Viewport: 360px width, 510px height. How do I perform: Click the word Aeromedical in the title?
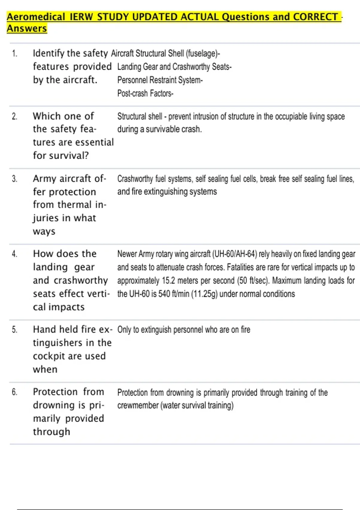pyautogui.click(x=36, y=17)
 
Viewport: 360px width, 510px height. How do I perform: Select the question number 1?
pyautogui.click(x=15, y=54)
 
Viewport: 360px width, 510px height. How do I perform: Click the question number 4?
pyautogui.click(x=15, y=254)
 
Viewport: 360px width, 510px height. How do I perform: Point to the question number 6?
pyautogui.click(x=15, y=392)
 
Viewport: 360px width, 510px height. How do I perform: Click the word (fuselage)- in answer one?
pyautogui.click(x=203, y=54)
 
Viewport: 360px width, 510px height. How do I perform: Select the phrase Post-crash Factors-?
pyautogui.click(x=145, y=94)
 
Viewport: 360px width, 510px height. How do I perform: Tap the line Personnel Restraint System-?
pyautogui.click(x=160, y=80)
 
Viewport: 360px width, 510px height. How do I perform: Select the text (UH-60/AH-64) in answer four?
pyautogui.click(x=234, y=254)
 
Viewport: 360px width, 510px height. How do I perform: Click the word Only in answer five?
pyautogui.click(x=124, y=330)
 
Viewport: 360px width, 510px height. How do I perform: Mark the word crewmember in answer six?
pyautogui.click(x=138, y=406)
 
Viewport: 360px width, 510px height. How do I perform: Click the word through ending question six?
pyautogui.click(x=51, y=432)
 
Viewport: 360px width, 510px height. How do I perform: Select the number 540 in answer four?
pyautogui.click(x=164, y=294)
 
